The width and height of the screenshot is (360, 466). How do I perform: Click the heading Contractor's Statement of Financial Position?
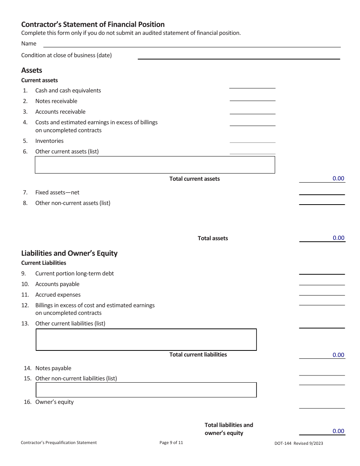93,25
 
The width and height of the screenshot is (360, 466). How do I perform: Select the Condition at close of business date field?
239,55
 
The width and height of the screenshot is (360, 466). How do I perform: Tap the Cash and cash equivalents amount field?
252,85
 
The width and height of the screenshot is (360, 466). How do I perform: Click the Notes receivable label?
56,101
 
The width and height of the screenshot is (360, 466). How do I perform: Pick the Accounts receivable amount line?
252,110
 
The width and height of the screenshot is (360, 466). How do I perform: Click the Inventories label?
49,141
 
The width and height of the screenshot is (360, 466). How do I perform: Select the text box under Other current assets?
155,165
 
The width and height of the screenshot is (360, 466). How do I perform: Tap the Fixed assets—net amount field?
322,191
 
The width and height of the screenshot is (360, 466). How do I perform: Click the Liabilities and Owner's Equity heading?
69,253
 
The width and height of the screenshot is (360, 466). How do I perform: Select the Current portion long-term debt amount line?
322,271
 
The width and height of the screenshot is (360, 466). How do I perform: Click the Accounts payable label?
57,284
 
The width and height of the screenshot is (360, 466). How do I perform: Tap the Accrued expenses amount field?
322,292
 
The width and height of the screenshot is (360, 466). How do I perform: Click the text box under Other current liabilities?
146,339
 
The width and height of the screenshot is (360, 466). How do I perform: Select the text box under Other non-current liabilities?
146,390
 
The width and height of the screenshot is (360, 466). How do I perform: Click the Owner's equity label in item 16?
54,402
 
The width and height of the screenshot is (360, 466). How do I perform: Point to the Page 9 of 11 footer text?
171,442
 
